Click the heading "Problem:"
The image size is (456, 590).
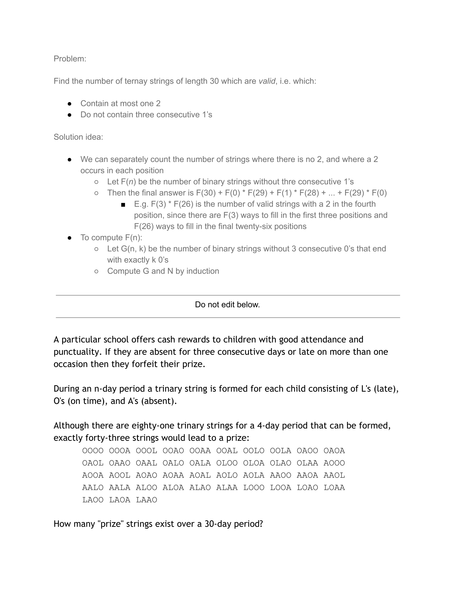pos(70,59)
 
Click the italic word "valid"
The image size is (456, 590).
pos(267,81)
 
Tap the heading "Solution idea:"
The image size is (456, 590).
pos(78,137)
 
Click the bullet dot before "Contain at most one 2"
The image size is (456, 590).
pos(69,104)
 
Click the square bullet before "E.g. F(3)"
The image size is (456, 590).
pos(123,205)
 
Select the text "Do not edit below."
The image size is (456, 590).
pos(227,305)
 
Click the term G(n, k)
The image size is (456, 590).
pos(134,249)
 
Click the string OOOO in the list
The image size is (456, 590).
pos(93,451)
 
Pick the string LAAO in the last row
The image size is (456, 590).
pos(146,500)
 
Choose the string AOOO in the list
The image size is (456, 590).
pos(334,463)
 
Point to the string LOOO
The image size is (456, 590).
pos(254,488)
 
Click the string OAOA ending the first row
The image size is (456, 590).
pos(334,451)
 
